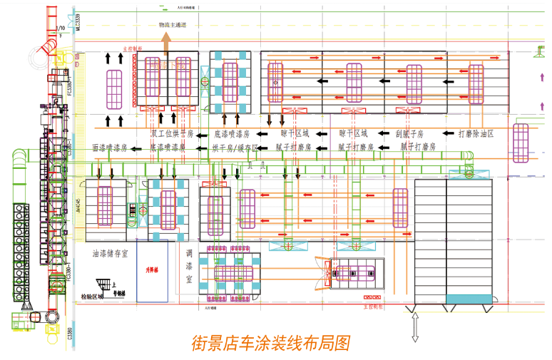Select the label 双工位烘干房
[x=172, y=133]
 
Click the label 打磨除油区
[x=476, y=133]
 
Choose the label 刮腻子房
[x=409, y=133]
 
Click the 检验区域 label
[x=91, y=295]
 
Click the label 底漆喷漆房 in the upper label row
[x=232, y=133]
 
